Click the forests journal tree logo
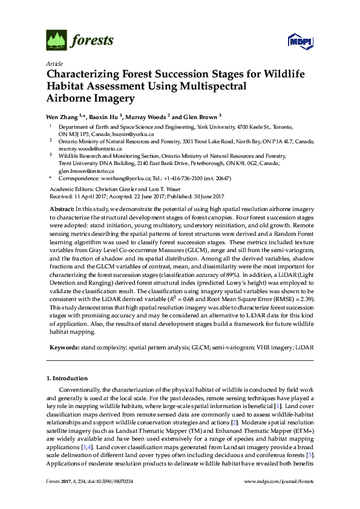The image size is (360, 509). click(x=56, y=41)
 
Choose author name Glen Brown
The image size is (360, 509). click(x=200, y=115)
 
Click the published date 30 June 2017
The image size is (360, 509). click(x=205, y=196)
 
